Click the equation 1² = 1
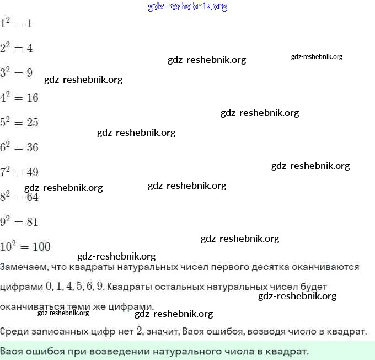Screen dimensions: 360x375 tap(17, 23)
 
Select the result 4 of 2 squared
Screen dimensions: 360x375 tap(30, 48)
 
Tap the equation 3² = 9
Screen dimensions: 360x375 tap(17, 72)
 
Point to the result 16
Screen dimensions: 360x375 tap(33, 98)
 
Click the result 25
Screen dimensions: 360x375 tap(33, 123)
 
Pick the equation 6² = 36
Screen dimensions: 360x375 tap(19, 147)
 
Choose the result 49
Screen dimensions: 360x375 tap(33, 172)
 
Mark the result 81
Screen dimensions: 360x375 tap(33, 222)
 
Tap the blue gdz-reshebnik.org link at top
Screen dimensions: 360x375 tap(187, 7)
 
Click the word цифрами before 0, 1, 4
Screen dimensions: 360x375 tap(21, 287)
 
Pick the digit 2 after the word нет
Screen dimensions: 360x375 tap(140, 331)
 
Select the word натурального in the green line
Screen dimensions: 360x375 tap(194, 351)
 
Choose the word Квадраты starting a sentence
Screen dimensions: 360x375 tap(131, 287)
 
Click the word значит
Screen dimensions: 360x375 tap(163, 332)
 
